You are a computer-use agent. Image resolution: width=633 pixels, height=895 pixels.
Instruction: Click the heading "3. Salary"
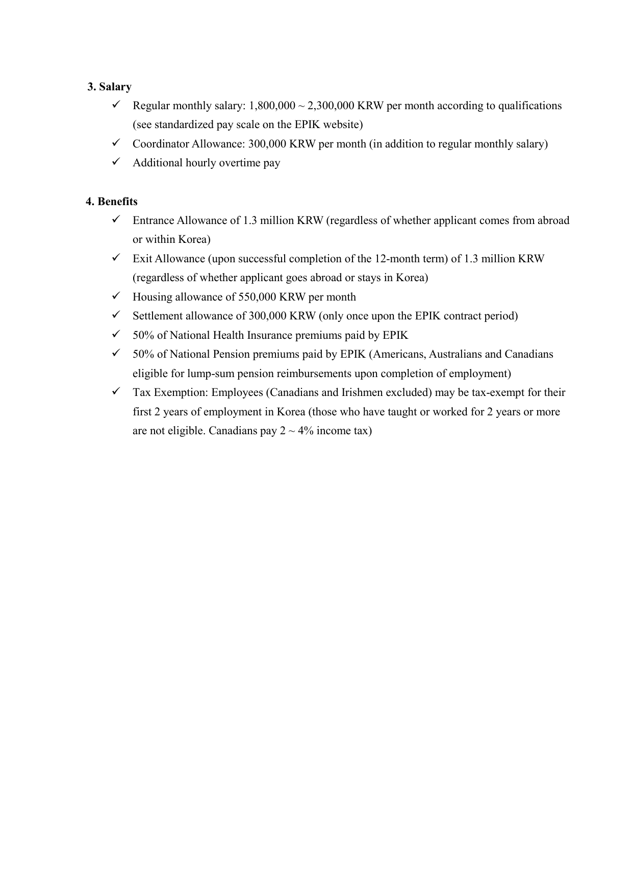click(x=109, y=87)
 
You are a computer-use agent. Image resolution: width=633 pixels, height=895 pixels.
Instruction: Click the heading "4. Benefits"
click(x=112, y=202)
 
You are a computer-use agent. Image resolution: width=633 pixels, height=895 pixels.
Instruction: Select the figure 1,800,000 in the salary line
click(x=272, y=106)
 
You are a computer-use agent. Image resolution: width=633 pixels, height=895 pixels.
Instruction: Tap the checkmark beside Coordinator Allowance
click(x=115, y=143)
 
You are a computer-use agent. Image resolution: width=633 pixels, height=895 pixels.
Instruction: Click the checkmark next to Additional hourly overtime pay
click(x=115, y=162)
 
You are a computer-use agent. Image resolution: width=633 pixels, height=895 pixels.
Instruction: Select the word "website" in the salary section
click(x=344, y=125)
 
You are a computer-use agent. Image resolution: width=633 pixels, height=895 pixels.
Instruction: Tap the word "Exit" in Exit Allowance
click(x=142, y=259)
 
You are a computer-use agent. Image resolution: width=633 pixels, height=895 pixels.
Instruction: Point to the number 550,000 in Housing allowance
click(x=257, y=297)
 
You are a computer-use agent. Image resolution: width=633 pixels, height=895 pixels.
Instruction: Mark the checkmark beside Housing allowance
click(x=115, y=296)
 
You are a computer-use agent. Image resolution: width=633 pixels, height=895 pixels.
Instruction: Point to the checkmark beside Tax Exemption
click(x=115, y=391)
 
